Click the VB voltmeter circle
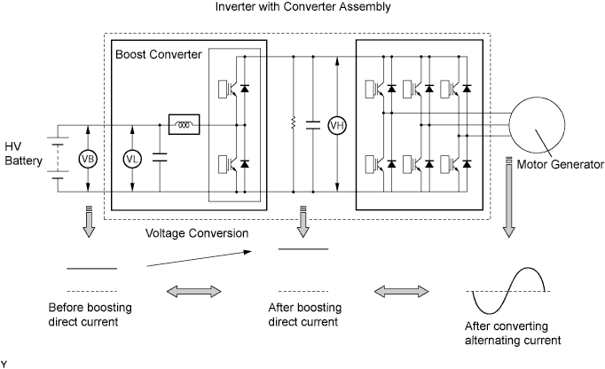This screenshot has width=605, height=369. tap(88, 159)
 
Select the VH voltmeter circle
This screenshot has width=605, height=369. tap(337, 125)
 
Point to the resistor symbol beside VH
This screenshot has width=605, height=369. tap(292, 125)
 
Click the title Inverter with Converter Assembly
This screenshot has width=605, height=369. tap(302, 9)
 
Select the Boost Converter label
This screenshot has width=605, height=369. tap(159, 55)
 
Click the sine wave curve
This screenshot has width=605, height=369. tap(509, 290)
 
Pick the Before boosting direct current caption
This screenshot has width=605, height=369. tap(90, 314)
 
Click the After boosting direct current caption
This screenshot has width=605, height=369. tap(302, 314)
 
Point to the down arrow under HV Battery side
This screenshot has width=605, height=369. tap(90, 221)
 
